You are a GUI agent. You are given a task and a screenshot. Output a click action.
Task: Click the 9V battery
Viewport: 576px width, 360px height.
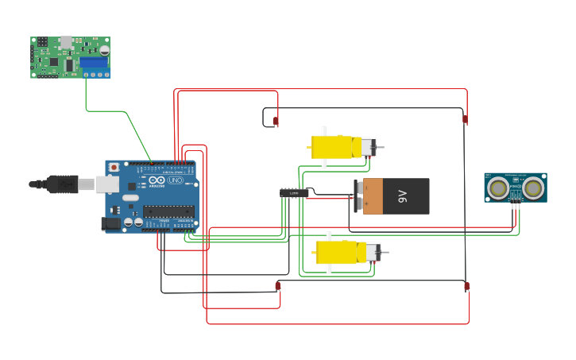coord(392,196)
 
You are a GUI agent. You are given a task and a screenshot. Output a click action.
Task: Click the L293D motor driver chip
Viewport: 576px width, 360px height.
coord(294,192)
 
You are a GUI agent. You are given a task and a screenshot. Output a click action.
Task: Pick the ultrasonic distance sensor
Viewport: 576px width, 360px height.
coord(516,188)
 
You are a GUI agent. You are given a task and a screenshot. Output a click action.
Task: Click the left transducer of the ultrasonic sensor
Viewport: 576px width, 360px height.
coord(498,188)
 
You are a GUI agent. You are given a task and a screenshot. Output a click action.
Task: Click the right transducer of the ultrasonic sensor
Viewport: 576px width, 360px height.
coord(533,188)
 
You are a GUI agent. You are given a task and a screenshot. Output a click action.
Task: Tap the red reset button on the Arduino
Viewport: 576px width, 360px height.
coord(114,168)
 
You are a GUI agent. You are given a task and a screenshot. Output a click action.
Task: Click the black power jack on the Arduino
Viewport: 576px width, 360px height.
coord(111,223)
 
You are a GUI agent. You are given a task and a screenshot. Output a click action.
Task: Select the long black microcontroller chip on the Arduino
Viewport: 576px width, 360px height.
coord(168,211)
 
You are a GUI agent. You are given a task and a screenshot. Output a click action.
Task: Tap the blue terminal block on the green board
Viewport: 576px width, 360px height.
coord(94,62)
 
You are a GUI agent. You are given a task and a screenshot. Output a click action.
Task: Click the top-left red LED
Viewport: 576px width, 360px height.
coord(276,122)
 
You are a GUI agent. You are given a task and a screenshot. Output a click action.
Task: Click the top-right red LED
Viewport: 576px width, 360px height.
coord(466,120)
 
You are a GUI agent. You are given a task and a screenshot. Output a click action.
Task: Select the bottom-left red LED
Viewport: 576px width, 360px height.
coord(277,285)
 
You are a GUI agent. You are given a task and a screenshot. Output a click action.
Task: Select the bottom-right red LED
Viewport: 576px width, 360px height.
coord(466,286)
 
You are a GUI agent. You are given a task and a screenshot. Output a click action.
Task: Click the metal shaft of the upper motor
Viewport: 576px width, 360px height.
coord(380,147)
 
